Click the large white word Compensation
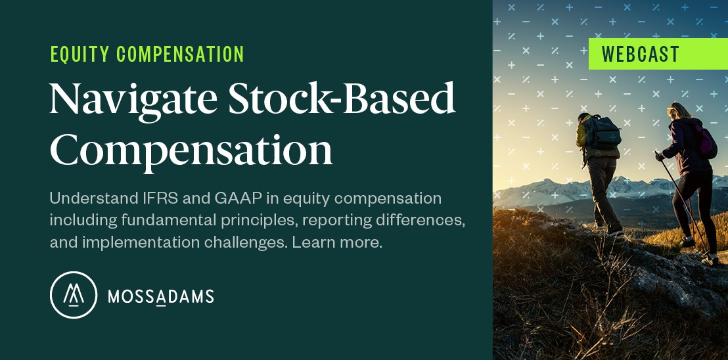click(x=191, y=148)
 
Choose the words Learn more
click(x=337, y=242)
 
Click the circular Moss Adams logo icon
click(x=74, y=295)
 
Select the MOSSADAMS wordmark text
click(x=160, y=296)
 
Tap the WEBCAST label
click(x=641, y=55)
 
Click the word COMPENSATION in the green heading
click(x=180, y=55)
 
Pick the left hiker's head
click(x=584, y=118)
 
